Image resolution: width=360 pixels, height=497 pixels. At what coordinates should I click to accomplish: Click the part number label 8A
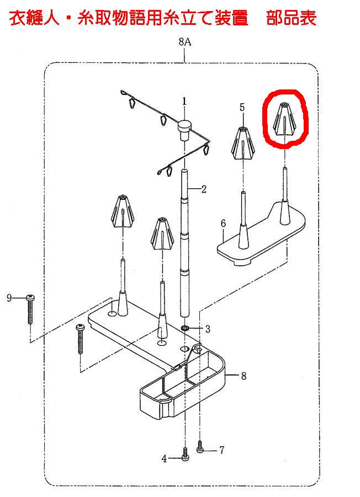(185, 41)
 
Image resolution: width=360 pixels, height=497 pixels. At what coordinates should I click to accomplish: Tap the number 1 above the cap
(184, 102)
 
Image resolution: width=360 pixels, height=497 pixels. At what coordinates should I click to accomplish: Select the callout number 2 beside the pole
(204, 189)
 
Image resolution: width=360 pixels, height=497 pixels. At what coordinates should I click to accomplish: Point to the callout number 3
(208, 329)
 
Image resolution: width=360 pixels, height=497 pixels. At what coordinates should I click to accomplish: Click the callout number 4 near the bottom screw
(164, 458)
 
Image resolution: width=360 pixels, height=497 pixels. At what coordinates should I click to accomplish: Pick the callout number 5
(242, 108)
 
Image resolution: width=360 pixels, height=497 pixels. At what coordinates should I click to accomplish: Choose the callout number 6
(223, 224)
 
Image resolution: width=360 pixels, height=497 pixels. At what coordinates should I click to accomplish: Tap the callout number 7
(222, 450)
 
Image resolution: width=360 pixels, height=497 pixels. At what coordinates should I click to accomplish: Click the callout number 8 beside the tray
(243, 376)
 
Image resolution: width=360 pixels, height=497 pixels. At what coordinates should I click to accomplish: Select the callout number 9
(9, 298)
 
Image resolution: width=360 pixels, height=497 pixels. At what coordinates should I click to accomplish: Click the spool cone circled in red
(284, 119)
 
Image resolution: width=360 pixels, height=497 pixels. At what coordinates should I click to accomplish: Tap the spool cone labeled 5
(243, 143)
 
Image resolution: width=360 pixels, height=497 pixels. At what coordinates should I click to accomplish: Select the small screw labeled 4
(185, 454)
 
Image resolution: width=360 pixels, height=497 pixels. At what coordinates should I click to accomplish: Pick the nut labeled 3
(185, 327)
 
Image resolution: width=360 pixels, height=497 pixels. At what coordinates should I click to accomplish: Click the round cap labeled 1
(184, 129)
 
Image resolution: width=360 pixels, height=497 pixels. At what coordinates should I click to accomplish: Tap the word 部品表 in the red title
(291, 18)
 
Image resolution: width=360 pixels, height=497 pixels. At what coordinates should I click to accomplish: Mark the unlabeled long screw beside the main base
(80, 339)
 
